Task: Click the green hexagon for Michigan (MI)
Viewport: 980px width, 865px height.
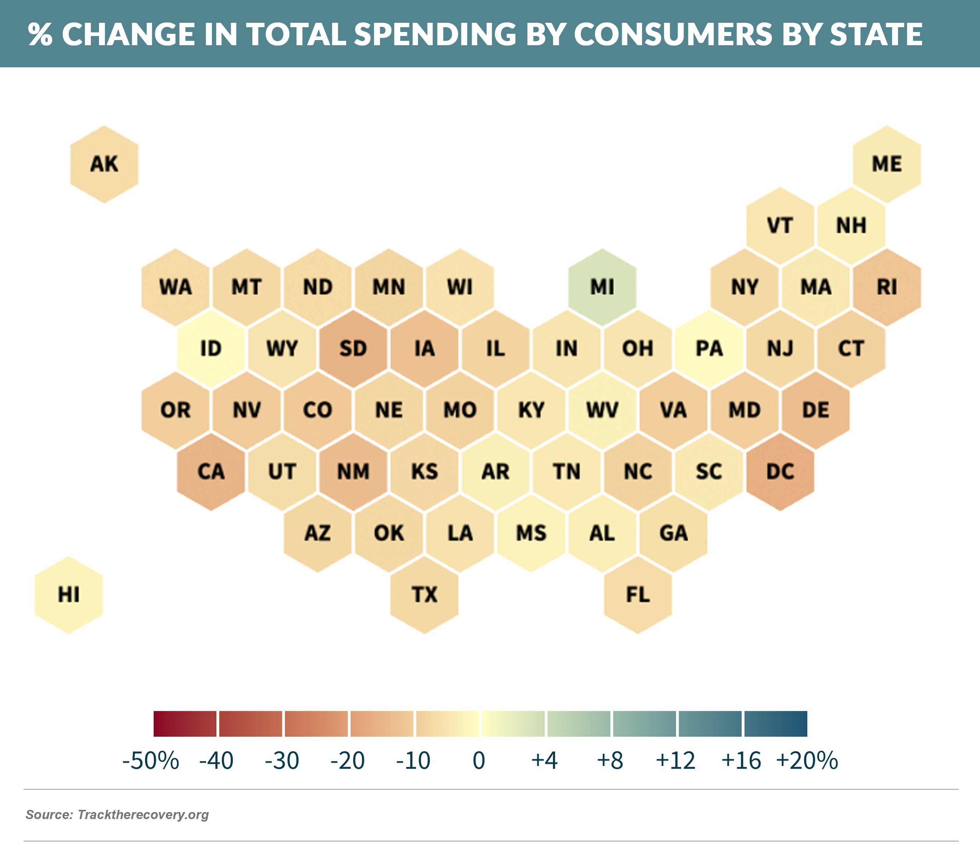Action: point(602,287)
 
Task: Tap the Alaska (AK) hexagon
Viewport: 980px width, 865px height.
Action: point(104,164)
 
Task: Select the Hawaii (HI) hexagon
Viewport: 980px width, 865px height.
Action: point(68,595)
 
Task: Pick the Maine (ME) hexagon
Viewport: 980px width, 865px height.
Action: point(887,164)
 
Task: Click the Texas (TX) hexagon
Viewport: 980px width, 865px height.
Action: point(424,595)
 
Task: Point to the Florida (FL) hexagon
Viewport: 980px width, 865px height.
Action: point(638,595)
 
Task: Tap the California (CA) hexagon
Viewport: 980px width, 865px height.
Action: point(211,472)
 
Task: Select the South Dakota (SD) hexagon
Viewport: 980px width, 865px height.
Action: point(354,349)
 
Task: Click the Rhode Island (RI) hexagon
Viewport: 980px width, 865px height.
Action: point(887,287)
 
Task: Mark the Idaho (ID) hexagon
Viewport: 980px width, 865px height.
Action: point(211,349)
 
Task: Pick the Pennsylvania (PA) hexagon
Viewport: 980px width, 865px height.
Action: point(709,349)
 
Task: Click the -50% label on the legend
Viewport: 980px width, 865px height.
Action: point(150,761)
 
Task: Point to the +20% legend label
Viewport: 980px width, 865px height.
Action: point(807,761)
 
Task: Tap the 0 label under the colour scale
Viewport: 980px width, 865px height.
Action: point(479,761)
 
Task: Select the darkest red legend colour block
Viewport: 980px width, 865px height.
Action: point(185,723)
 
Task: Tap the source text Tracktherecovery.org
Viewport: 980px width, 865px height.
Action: point(143,815)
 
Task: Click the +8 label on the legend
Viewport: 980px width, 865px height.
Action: point(610,761)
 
